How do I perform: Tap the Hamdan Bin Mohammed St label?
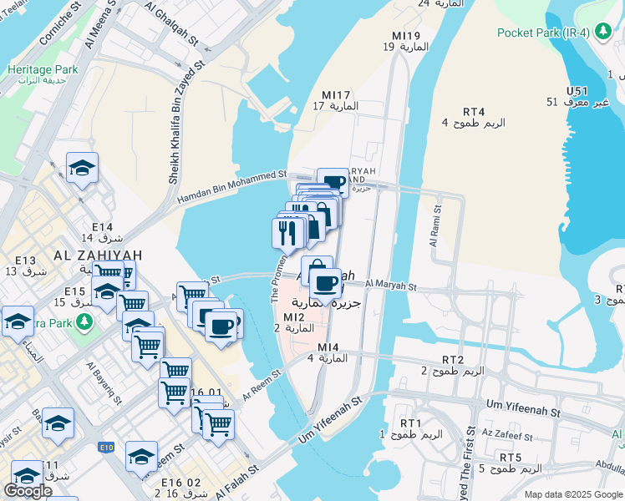232,186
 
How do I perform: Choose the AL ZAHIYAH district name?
99,256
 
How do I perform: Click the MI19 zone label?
406,36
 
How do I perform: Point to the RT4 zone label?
474,112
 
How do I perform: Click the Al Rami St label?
434,227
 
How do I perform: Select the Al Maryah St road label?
390,286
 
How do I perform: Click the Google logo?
28,491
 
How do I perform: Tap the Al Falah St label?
237,484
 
